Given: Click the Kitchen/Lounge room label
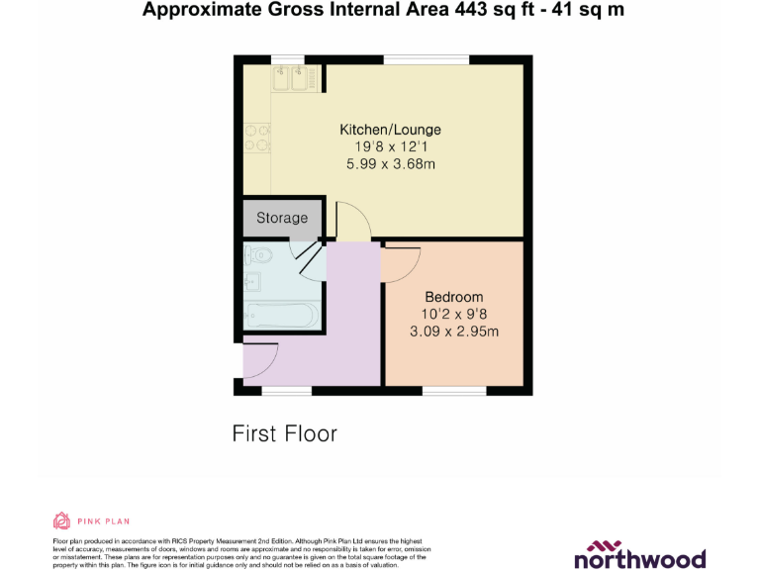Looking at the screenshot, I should click(390, 130).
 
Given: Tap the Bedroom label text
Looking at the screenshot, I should click(453, 297).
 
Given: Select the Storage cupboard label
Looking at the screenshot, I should click(282, 218).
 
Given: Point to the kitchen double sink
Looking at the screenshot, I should click(292, 78).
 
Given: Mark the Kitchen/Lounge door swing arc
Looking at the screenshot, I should click(353, 219).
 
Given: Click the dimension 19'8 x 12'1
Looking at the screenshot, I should click(390, 147).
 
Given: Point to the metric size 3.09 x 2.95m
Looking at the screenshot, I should click(453, 332).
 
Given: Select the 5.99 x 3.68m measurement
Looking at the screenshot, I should click(390, 164).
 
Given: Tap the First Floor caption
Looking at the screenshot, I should click(284, 433).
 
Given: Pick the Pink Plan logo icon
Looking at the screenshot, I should click(61, 521).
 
